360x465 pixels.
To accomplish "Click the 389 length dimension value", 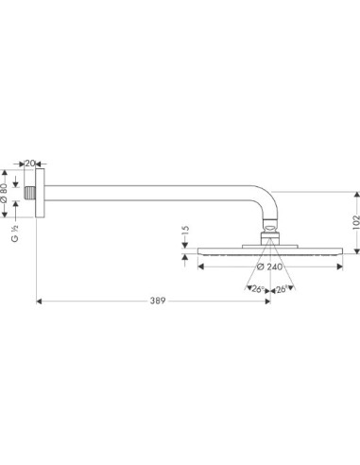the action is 158,301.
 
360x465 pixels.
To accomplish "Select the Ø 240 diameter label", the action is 269,267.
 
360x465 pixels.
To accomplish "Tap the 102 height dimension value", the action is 356,221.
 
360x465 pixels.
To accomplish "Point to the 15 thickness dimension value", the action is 185,231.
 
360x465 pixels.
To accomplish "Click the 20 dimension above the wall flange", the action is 29,164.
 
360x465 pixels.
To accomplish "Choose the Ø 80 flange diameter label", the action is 4,193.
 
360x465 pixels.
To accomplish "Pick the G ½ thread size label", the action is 15,233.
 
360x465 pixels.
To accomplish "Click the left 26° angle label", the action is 258,289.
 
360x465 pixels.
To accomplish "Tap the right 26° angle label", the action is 282,289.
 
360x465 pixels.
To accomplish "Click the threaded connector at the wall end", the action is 30,193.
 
